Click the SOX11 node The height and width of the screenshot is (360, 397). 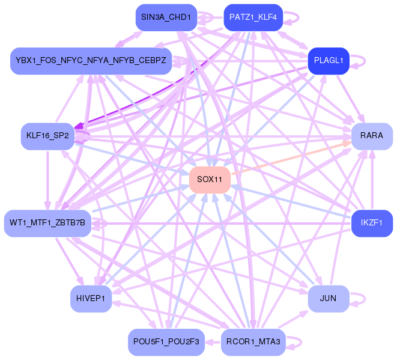210,180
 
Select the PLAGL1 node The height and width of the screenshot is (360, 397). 329,61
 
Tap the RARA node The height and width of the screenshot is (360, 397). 372,136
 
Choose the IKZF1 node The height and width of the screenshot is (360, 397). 372,223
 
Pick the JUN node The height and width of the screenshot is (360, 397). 328,298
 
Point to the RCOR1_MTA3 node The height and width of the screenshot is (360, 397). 253,342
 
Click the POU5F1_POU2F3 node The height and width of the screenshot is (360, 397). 166,342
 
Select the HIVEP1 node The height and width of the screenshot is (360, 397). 91,298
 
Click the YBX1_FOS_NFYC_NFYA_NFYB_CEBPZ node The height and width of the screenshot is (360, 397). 91,61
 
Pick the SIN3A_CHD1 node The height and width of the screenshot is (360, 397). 166,17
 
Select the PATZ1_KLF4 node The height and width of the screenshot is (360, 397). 253,17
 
